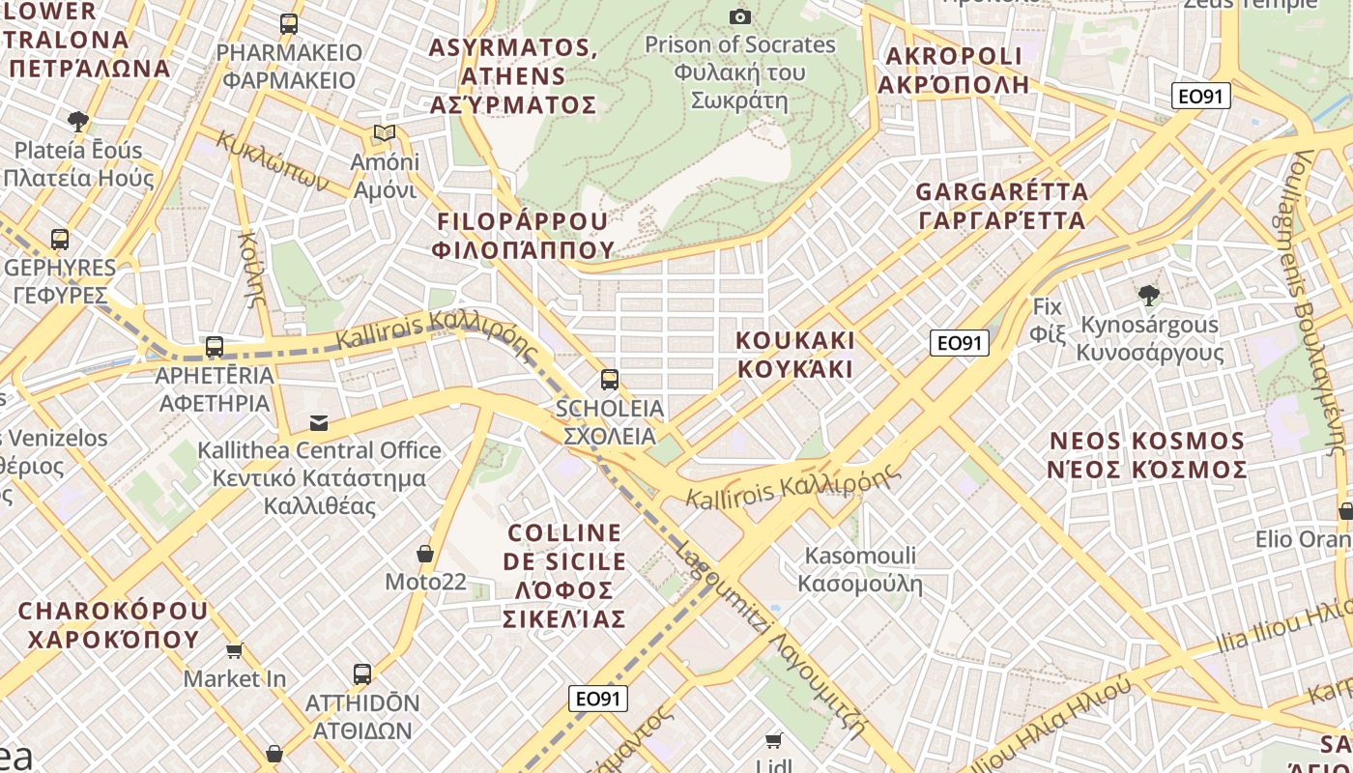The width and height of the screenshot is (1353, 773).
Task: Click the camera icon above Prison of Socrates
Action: (740, 16)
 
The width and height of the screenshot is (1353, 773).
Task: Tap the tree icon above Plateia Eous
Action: (78, 121)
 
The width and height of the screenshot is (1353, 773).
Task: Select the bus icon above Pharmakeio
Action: (288, 24)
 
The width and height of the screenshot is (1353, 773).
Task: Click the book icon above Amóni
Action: (385, 132)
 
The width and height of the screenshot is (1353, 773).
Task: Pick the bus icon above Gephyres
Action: (60, 239)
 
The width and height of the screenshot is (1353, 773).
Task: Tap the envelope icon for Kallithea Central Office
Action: (319, 422)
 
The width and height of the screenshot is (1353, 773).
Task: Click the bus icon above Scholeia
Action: (609, 379)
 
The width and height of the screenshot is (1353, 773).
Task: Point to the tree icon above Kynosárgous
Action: (1148, 295)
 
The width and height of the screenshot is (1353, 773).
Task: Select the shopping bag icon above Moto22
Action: (424, 554)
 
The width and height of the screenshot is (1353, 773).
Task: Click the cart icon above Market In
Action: (234, 650)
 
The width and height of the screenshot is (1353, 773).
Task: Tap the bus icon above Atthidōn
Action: (362, 673)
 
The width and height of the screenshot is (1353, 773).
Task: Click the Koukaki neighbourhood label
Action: (795, 355)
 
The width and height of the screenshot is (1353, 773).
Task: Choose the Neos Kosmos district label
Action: (1148, 456)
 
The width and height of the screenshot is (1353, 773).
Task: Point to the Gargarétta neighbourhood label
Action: (1001, 206)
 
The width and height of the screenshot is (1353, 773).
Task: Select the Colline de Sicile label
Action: (565, 576)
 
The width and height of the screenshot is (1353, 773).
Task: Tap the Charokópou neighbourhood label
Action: (113, 625)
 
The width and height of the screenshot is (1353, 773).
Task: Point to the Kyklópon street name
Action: (273, 160)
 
